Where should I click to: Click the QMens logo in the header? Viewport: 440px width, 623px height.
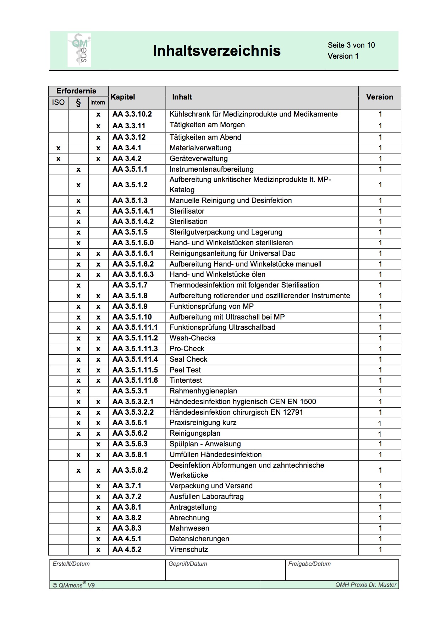[79, 50]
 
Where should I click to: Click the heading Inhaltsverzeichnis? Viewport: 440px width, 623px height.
[216, 51]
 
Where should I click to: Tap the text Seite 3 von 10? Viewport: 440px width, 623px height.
[351, 45]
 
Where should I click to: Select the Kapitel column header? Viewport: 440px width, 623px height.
[123, 97]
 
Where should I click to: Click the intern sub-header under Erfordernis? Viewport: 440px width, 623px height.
[98, 103]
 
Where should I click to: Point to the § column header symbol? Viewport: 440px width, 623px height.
[78, 103]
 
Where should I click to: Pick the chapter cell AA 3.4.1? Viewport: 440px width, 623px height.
[127, 148]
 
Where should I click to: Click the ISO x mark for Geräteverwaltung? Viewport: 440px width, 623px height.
[59, 159]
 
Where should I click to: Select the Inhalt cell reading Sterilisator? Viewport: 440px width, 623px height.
[187, 211]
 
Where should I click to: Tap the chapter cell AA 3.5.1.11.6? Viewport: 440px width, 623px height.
[135, 380]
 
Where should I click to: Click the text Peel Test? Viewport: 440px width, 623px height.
[185, 370]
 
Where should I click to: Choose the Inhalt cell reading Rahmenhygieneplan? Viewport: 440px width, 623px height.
[203, 391]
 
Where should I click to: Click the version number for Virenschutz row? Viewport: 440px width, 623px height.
[380, 549]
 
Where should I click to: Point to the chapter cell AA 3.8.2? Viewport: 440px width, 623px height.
[127, 518]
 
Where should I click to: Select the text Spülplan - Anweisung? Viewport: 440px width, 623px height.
[205, 444]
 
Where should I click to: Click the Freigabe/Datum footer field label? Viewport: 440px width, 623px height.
[309, 564]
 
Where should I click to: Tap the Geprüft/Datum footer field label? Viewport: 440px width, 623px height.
[188, 564]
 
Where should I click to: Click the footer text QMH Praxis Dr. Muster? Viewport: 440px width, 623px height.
[365, 585]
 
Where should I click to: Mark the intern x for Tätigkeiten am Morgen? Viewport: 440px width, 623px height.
[98, 126]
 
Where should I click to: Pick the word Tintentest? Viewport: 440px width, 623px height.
[186, 380]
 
